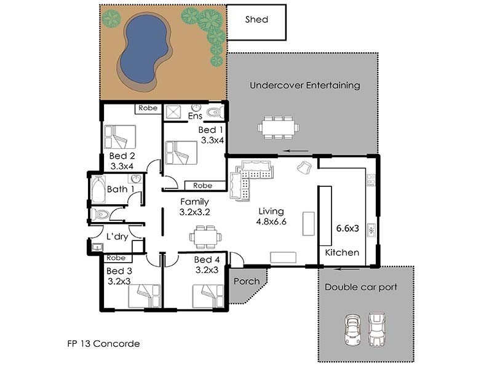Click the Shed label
(256, 19)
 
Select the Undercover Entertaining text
(304, 85)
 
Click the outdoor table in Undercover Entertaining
(278, 127)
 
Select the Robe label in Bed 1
(202, 185)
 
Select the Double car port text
(361, 287)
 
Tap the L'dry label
(116, 236)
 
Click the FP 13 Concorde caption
(103, 344)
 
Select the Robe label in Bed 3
(116, 258)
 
